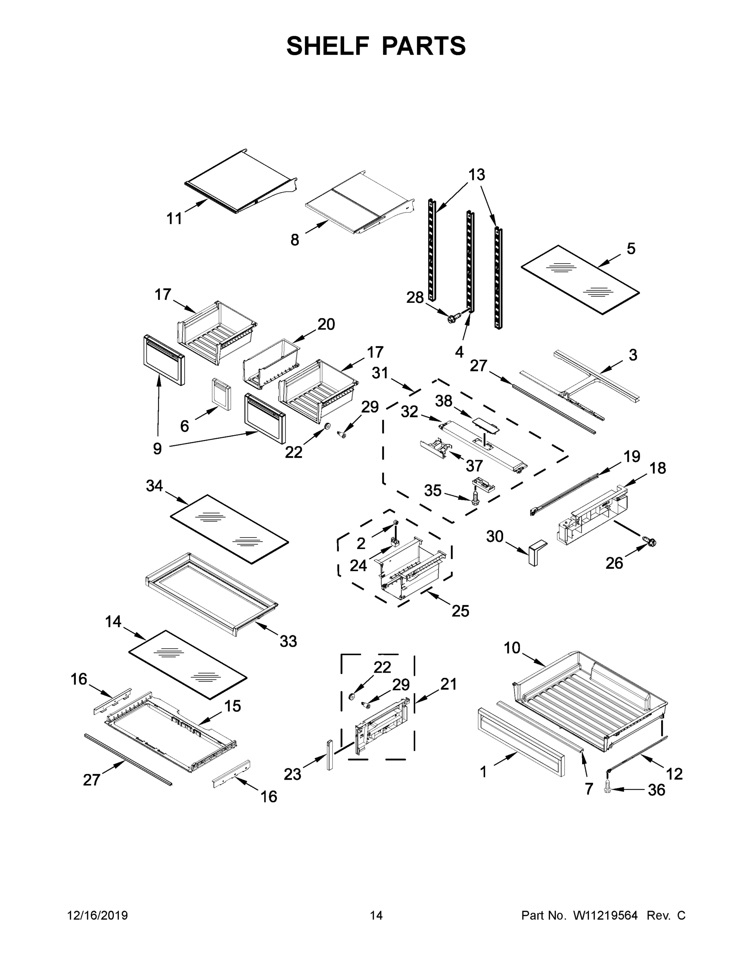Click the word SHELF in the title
pos(328,46)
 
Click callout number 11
pos(174,219)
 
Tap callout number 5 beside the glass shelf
pos(631,249)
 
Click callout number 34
pos(154,486)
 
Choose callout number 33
pos(288,641)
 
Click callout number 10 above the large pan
pos(512,648)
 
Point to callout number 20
pos(326,324)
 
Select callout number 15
pos(232,706)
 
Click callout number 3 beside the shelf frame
pos(632,355)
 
